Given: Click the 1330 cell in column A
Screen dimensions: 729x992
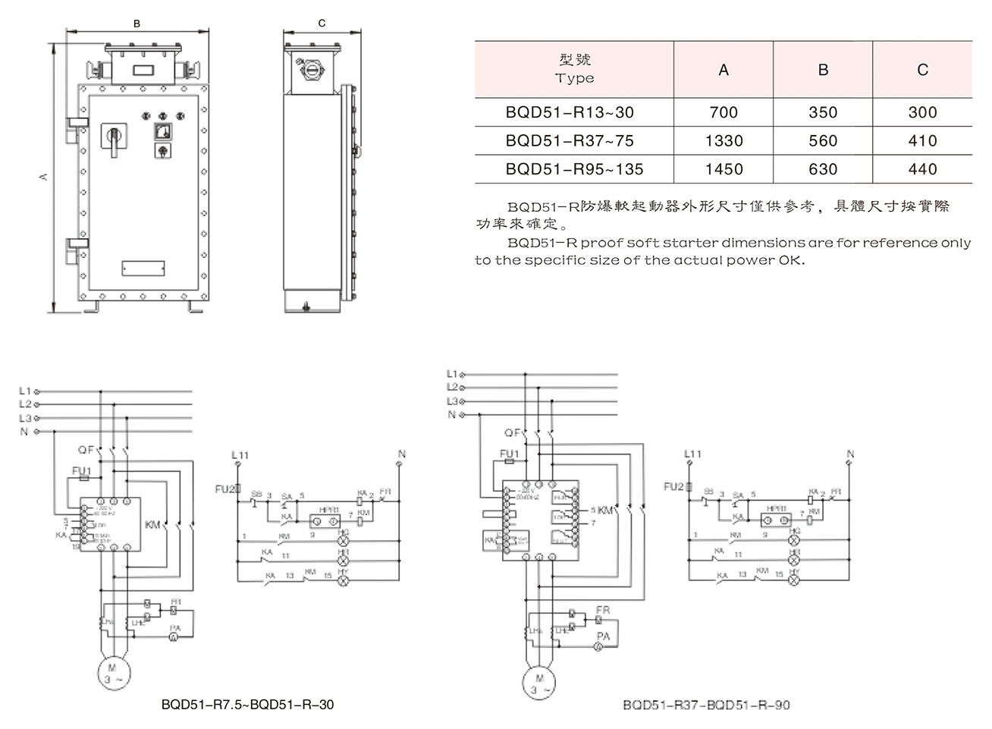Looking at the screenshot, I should (x=724, y=141).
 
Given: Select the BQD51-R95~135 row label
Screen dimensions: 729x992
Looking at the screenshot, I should (x=574, y=169).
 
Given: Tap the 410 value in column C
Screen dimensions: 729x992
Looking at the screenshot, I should (x=922, y=141).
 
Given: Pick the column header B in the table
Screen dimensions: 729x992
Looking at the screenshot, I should (x=823, y=70).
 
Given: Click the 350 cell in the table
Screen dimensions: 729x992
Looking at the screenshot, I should (x=823, y=112).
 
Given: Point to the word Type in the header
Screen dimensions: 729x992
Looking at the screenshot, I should (x=574, y=78).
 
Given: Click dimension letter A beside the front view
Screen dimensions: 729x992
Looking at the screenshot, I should (x=44, y=176).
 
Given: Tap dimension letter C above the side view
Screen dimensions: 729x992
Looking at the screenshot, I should (x=322, y=24).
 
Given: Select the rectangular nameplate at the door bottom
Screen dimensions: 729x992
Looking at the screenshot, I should (x=143, y=268).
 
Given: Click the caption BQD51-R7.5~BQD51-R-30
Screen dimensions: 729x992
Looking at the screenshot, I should (x=247, y=705).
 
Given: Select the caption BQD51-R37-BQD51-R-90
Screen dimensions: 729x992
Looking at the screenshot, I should (x=706, y=705).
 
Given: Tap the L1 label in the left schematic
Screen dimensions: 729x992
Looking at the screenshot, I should (x=25, y=391).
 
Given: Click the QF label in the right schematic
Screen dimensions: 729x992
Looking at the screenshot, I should (x=513, y=433).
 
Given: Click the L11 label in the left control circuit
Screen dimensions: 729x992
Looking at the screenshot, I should (x=240, y=455).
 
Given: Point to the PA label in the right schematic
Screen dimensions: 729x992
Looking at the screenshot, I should (x=604, y=636).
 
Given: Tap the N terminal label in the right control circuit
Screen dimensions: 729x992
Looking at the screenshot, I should (x=850, y=454).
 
